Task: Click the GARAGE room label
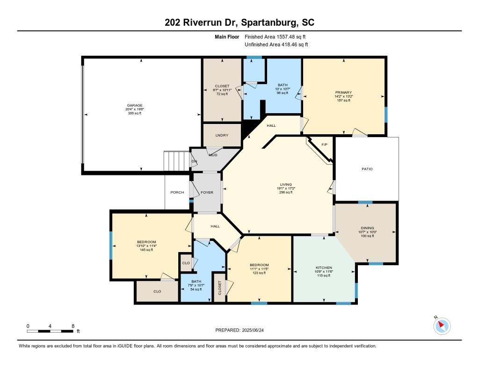pos(135,105)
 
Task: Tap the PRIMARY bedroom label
pos(344,92)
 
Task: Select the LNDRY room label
pos(222,135)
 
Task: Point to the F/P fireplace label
pos(325,145)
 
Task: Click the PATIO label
pos(367,169)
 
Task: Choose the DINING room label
pos(368,228)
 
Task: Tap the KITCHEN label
pos(324,268)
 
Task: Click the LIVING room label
pos(286,185)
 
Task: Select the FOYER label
pos(207,193)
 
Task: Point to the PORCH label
pos(177,193)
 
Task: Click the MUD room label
pos(213,155)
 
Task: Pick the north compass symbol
pos(442,326)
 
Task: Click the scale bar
pos(50,331)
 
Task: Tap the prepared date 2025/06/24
pos(253,330)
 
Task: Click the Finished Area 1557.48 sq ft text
pos(275,37)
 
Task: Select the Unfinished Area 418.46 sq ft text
pos(276,44)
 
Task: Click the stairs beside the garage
pos(176,161)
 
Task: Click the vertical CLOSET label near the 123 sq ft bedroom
pos(220,288)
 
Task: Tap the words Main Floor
pos(227,37)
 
